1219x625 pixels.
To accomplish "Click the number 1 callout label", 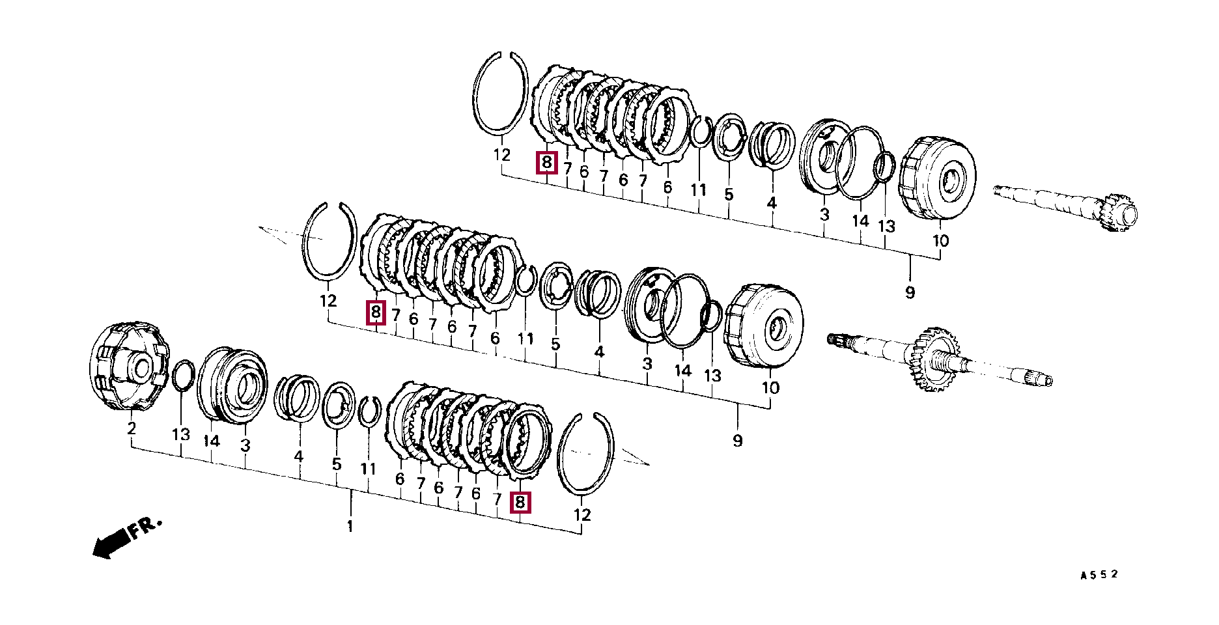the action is [x=350, y=526].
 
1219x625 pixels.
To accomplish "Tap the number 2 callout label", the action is [x=132, y=428].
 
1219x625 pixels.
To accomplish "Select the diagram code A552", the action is [x=1099, y=575].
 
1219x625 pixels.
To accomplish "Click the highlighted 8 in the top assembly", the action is [x=547, y=162].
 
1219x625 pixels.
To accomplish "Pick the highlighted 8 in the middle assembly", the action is [x=376, y=312].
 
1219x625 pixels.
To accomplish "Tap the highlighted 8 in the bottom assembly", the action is [x=520, y=503].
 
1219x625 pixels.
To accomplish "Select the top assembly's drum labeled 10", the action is [x=938, y=177].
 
